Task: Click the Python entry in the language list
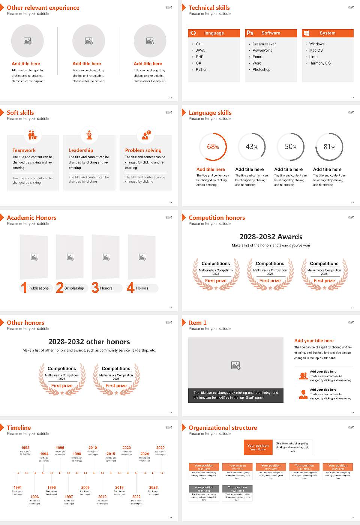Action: click(201, 69)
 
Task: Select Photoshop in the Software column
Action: click(261, 69)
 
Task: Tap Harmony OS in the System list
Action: click(320, 63)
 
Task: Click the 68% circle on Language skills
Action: click(213, 147)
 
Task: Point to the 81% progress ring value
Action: click(329, 147)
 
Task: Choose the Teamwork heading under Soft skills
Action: click(24, 150)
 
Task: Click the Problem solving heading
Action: click(143, 150)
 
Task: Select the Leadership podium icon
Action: click(89, 135)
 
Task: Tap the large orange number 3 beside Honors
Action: click(95, 288)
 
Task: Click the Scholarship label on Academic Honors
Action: click(74, 288)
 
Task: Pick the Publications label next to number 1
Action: click(39, 288)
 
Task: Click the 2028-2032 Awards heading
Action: click(271, 237)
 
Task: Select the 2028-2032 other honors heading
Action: click(89, 342)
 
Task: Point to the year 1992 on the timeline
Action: click(25, 447)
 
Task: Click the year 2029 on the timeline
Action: click(160, 447)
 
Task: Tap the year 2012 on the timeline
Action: click(102, 496)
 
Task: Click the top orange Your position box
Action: click(258, 447)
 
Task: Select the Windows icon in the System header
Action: click(306, 33)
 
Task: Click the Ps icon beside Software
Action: click(250, 33)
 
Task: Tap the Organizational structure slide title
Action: click(223, 427)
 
